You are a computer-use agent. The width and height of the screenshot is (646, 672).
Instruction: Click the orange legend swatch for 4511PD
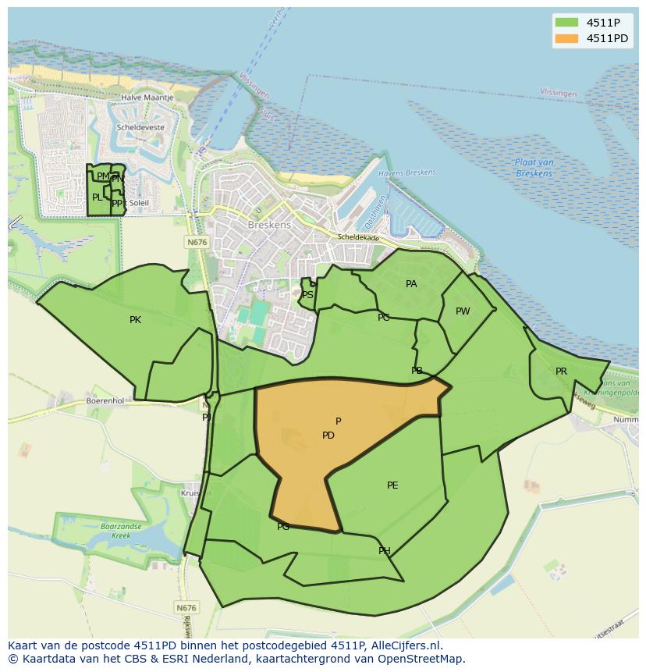[566, 38]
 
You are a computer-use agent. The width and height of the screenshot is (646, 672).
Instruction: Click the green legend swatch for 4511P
[566, 23]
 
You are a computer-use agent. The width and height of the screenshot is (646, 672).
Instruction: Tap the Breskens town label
[269, 225]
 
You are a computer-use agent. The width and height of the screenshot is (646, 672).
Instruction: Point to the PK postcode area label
[136, 320]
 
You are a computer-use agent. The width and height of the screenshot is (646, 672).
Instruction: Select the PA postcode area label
[411, 284]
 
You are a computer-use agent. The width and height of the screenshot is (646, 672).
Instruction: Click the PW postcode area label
[463, 311]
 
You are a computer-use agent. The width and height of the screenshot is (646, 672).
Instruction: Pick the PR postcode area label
[561, 372]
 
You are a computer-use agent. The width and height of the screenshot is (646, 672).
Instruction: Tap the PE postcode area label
[392, 485]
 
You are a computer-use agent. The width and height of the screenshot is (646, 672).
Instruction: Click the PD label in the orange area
[328, 436]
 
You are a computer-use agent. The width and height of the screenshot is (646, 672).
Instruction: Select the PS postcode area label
[307, 295]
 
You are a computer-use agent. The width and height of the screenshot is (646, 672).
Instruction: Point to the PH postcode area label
[385, 551]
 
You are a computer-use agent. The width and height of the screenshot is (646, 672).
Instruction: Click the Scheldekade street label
[358, 236]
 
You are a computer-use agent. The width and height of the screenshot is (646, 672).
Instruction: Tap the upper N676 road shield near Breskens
[197, 243]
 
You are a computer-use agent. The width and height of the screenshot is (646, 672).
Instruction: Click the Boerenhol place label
[105, 400]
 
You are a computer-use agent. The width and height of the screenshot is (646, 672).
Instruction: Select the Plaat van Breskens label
[534, 167]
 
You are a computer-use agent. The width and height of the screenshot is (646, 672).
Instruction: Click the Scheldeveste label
[140, 126]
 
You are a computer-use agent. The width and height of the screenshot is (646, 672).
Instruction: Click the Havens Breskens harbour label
[406, 172]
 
